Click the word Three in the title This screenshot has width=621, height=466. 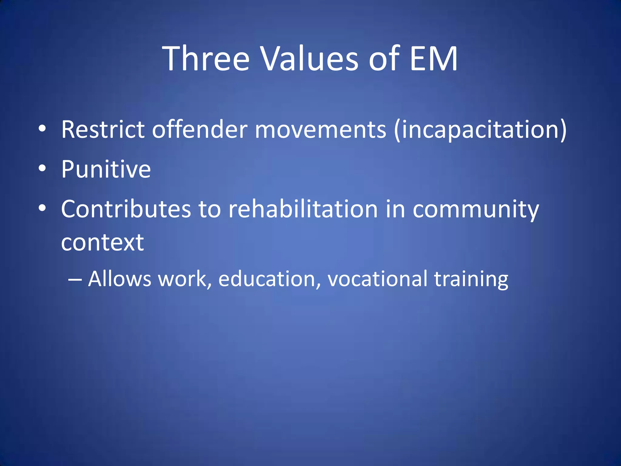click(x=206, y=58)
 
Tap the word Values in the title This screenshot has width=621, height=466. click(x=310, y=58)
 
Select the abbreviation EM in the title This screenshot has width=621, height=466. click(x=433, y=58)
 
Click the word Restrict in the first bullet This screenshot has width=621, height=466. click(x=102, y=130)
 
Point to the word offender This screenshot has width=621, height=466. click(x=200, y=130)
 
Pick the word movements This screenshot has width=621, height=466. click(x=321, y=130)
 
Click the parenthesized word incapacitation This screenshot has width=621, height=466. click(x=480, y=130)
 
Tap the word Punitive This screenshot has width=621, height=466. click(x=106, y=169)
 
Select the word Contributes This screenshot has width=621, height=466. click(x=126, y=209)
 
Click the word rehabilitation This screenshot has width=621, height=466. click(x=303, y=209)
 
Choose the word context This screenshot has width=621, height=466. click(x=102, y=243)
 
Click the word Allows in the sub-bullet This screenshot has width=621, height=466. click(x=119, y=279)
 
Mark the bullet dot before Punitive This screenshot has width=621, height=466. click(x=42, y=168)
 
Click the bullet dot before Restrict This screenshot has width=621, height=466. click(x=42, y=128)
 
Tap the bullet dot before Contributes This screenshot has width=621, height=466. click(x=42, y=208)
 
